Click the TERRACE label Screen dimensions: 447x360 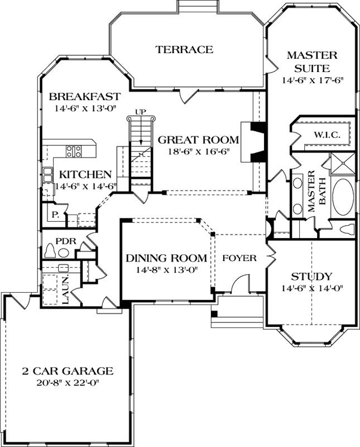pos(184,50)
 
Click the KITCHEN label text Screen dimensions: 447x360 pos(85,174)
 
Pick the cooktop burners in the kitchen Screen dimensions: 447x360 pos(74,150)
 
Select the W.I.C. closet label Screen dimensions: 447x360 pos(324,135)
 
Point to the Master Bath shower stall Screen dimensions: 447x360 pos(341,163)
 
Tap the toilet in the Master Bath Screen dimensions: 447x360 pos(345,228)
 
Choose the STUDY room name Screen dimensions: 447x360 pos(312,277)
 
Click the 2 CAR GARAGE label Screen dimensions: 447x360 pos(68,371)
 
